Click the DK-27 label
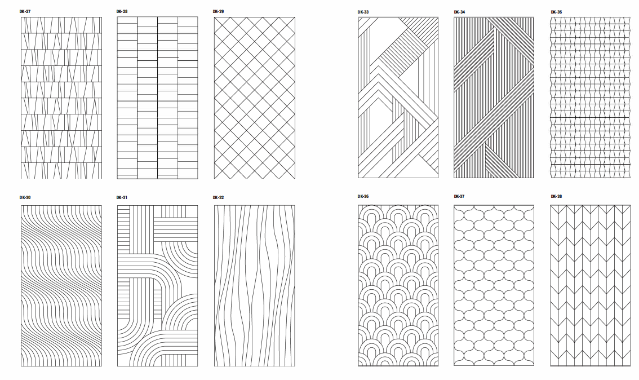point(25,11)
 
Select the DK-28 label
point(122,11)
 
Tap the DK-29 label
point(219,11)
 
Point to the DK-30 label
point(25,198)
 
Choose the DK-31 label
point(122,198)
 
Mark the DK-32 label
point(219,198)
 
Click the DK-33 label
point(363,11)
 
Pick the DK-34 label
point(459,11)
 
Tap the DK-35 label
point(556,11)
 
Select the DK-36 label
point(363,196)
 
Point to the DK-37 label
point(459,196)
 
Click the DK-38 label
point(556,196)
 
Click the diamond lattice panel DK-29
point(254,98)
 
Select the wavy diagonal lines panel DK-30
point(61,285)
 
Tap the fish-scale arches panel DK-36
point(398,285)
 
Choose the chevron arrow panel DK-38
point(590,285)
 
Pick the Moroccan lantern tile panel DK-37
point(494,285)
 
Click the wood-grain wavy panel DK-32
point(254,285)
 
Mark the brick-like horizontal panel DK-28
point(157,98)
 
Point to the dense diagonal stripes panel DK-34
point(494,98)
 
